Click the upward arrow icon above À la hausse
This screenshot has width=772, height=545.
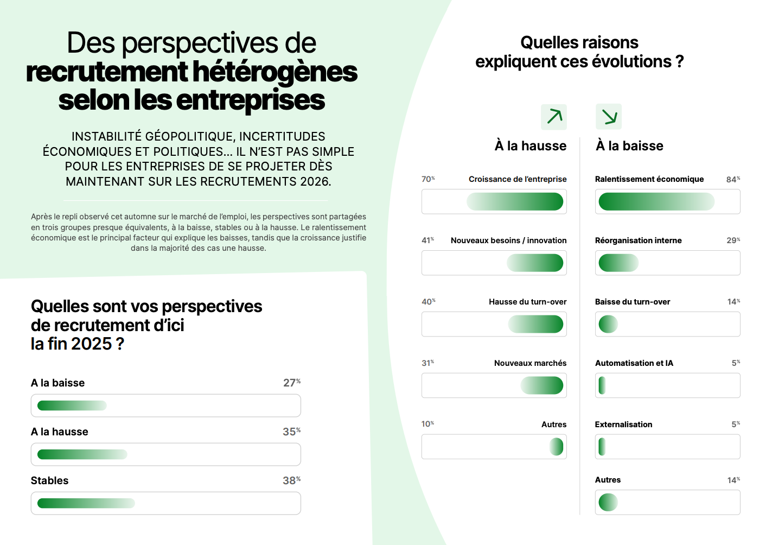click(554, 117)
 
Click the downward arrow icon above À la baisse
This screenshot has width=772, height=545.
click(609, 117)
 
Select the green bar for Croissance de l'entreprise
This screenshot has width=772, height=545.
click(515, 202)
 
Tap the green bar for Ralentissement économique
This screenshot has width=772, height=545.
click(656, 202)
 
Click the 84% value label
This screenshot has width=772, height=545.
click(733, 179)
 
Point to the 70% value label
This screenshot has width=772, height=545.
click(428, 179)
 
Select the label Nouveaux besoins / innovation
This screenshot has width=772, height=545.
click(508, 240)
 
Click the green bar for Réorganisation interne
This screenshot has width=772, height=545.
click(618, 263)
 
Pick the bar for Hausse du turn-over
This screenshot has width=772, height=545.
click(535, 325)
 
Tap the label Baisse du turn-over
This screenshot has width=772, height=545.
click(633, 302)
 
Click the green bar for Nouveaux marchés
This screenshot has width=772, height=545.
click(542, 386)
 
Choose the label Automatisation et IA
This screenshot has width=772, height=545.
click(634, 363)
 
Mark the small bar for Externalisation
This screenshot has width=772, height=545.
click(602, 447)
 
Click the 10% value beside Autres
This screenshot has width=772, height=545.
click(428, 424)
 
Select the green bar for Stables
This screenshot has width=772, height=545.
click(86, 503)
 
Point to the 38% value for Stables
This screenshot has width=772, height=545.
click(291, 480)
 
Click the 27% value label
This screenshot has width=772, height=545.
click(291, 383)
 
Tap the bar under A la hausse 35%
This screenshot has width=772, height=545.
click(82, 454)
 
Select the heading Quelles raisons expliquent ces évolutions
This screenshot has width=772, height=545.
click(579, 52)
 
